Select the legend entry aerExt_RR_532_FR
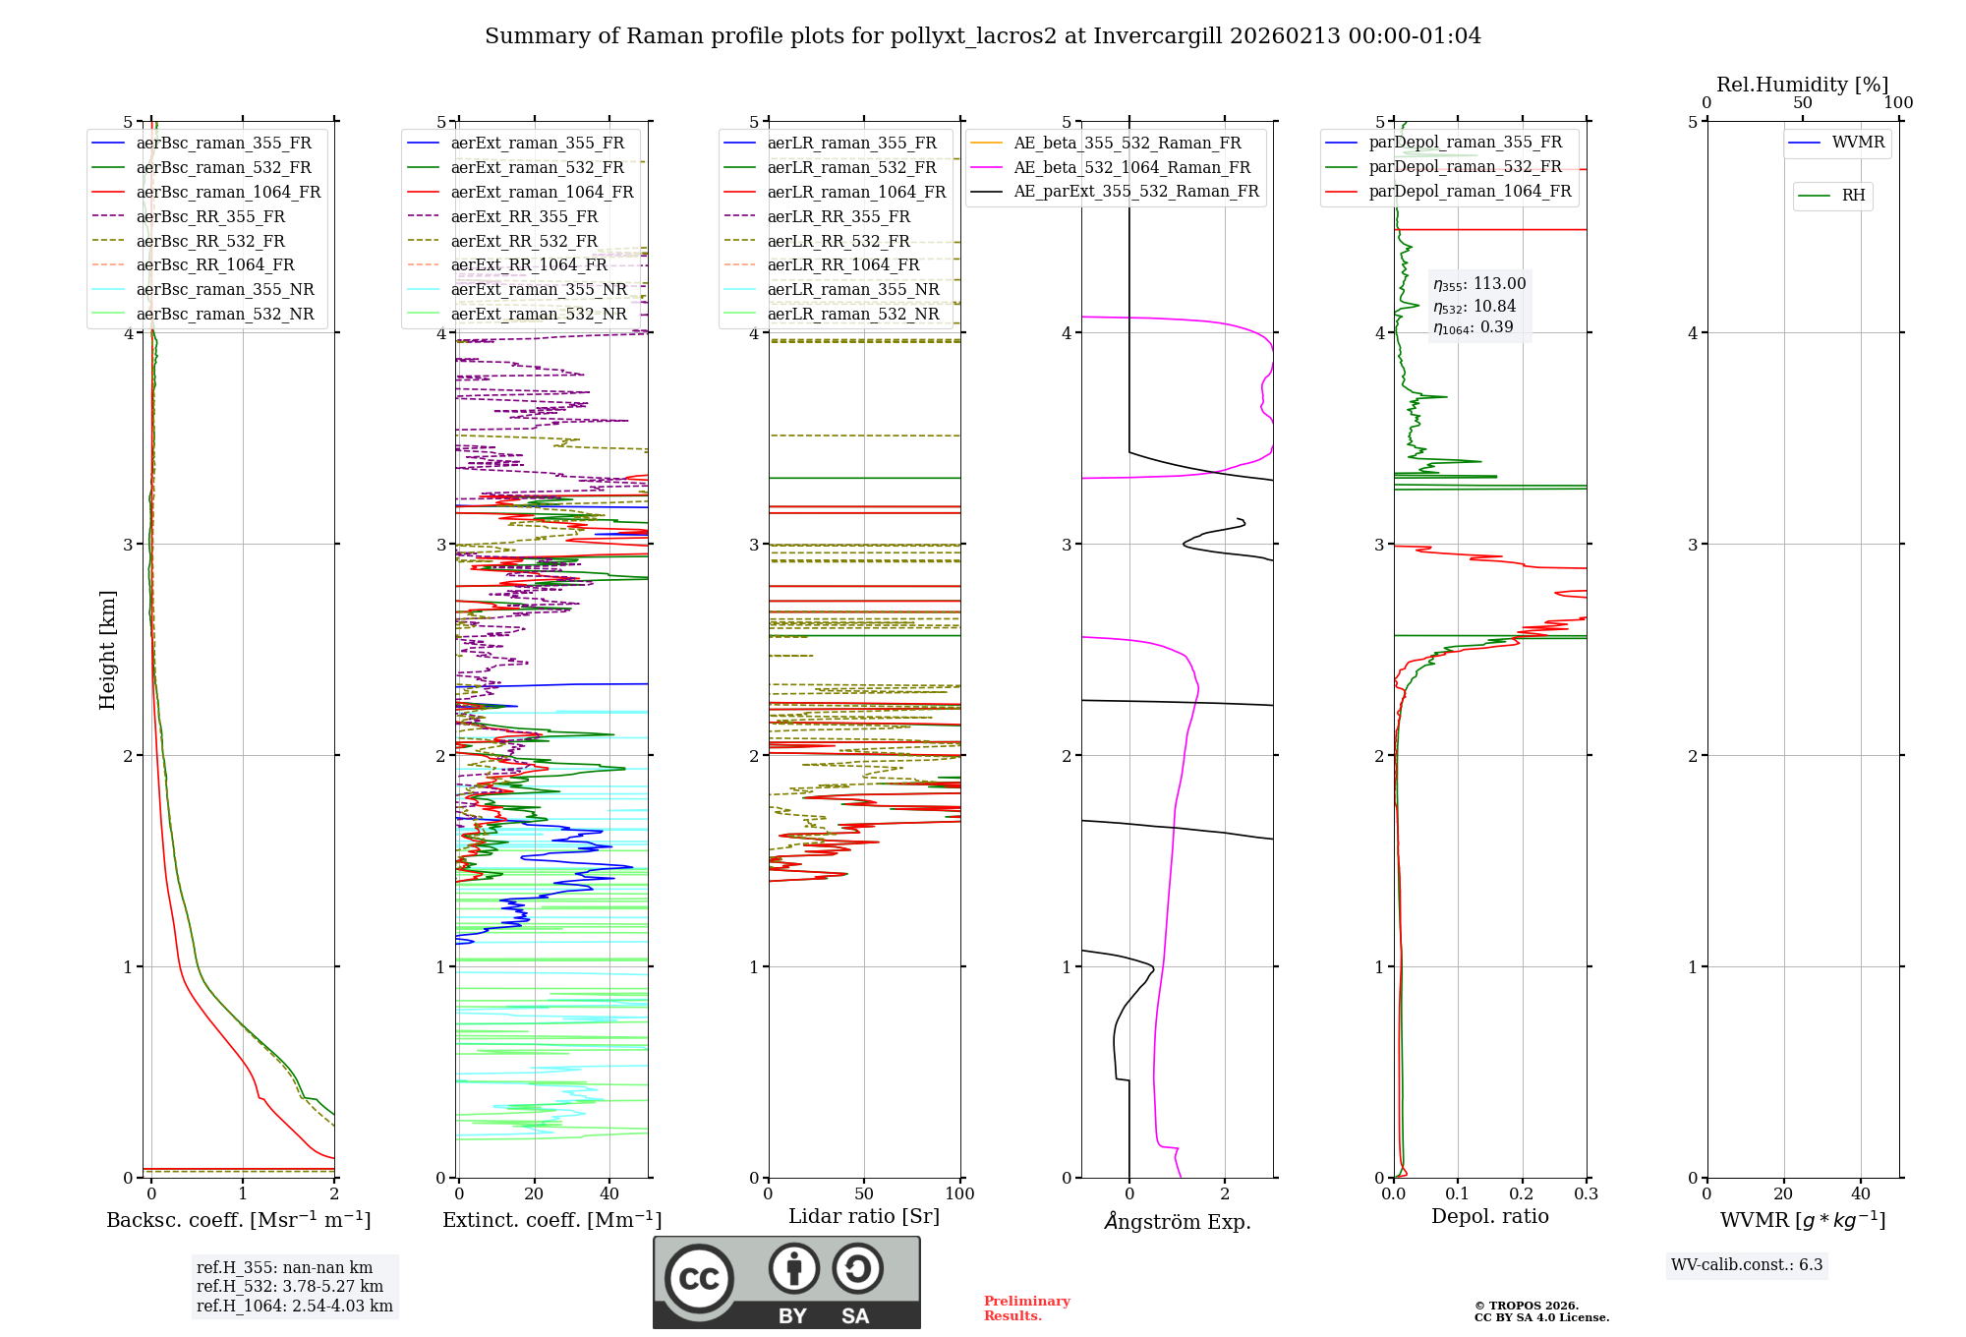point(524,241)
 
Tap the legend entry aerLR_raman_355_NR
point(852,290)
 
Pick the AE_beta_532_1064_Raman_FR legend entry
point(1131,168)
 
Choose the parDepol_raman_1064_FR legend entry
point(1470,192)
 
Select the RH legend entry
point(1853,196)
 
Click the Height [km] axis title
point(107,650)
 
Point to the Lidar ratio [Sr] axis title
point(864,1217)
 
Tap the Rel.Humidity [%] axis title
point(1802,85)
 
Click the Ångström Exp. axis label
point(1177,1222)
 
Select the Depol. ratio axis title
point(1489,1217)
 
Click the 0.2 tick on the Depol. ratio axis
point(1522,1194)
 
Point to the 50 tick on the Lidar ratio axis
point(864,1194)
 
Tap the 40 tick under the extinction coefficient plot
point(609,1194)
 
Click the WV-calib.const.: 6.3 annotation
point(1747,1265)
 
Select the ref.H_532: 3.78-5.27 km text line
point(290,1287)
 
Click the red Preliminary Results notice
point(1026,1308)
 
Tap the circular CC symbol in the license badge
point(699,1279)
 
